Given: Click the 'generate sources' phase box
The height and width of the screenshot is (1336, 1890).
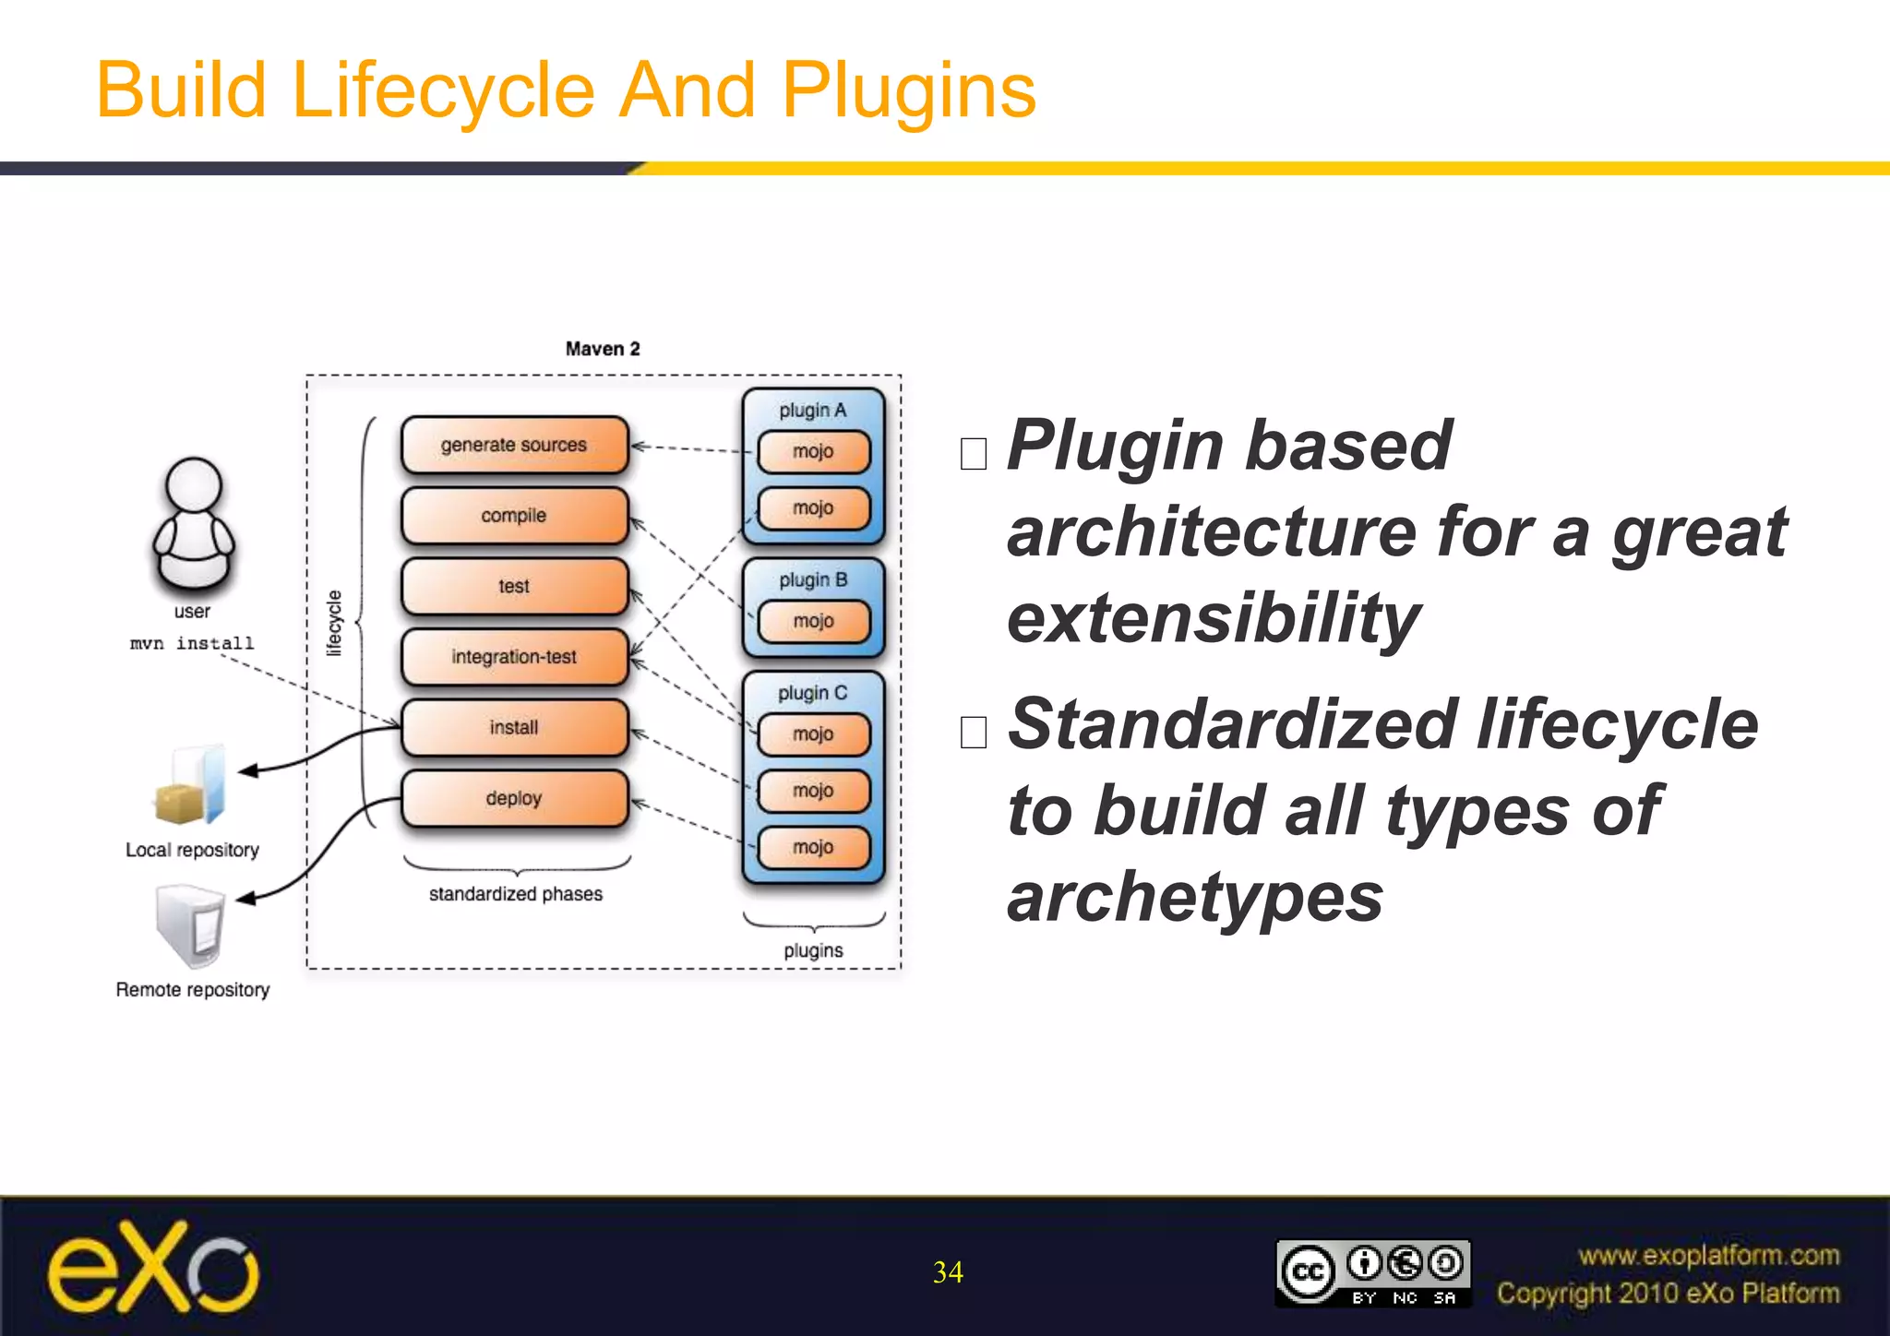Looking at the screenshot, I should (x=514, y=445).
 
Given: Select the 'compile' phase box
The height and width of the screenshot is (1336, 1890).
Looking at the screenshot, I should (x=514, y=516).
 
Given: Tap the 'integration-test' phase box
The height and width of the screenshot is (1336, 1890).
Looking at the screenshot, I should (x=514, y=657).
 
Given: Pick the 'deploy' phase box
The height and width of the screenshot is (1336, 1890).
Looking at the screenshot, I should (x=514, y=798).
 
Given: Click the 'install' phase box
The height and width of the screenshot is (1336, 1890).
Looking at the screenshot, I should (x=514, y=728).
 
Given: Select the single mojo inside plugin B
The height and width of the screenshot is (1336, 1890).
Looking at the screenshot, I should (x=813, y=622).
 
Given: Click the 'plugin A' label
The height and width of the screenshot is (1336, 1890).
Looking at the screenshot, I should (x=812, y=411).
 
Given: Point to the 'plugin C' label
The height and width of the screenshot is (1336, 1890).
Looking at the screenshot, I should (x=812, y=693).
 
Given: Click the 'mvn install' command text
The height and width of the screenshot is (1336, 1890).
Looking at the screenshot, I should (x=192, y=643).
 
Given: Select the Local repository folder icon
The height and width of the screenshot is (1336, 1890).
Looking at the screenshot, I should (x=191, y=785).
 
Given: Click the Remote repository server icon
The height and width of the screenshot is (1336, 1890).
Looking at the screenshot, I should (x=191, y=925).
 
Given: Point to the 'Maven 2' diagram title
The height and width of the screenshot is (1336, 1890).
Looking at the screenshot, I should (x=603, y=349).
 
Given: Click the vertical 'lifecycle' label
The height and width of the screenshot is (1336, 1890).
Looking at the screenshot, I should (x=334, y=623).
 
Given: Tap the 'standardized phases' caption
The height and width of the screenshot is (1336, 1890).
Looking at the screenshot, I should (x=515, y=894).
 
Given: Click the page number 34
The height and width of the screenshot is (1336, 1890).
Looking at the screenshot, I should (x=948, y=1272).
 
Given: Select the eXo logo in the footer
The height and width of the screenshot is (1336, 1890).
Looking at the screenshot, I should (x=153, y=1269).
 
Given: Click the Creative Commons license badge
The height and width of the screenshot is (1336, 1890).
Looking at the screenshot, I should (x=1372, y=1273).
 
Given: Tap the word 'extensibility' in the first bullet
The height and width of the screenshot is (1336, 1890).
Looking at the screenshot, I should (x=1213, y=618).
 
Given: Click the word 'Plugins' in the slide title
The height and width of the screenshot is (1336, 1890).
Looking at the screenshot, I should (x=909, y=90).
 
